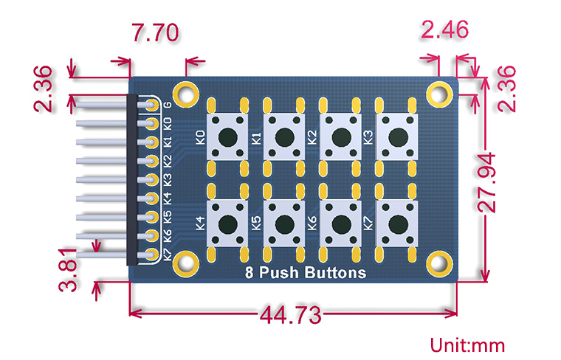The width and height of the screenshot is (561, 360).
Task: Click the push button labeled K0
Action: [228, 136]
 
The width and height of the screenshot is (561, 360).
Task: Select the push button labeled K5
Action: [285, 223]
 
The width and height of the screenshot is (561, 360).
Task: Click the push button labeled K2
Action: [341, 136]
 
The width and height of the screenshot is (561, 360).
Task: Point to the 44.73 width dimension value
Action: [290, 316]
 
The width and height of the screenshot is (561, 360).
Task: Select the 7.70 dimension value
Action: [154, 33]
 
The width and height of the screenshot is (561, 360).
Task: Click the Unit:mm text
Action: [468, 345]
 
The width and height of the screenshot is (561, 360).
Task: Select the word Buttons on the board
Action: [337, 273]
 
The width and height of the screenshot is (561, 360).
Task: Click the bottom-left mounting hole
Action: [186, 262]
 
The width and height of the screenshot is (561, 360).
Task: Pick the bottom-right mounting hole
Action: [441, 262]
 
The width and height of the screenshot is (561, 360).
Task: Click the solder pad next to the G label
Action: [152, 105]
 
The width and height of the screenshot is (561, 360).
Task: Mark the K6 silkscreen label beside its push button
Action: [312, 223]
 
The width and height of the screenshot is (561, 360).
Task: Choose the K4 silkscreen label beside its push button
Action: [200, 223]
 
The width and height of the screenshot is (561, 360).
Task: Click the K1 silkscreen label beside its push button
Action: [256, 136]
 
